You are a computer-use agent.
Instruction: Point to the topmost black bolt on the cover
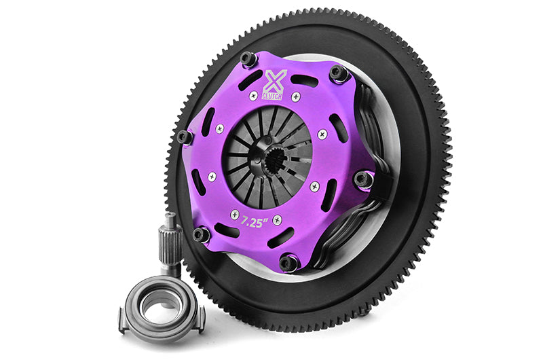click(x=249, y=59)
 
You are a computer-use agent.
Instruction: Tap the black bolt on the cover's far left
click(x=184, y=137)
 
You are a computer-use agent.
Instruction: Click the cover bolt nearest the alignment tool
click(x=202, y=235)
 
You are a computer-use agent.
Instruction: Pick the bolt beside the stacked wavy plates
click(x=364, y=180)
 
